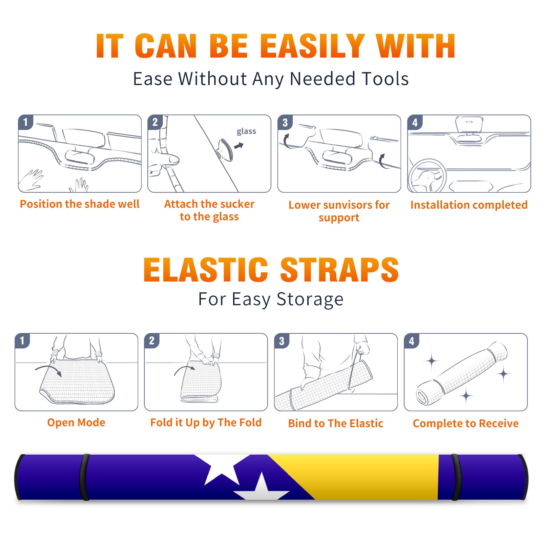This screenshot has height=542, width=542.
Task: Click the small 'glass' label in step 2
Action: [x=246, y=131]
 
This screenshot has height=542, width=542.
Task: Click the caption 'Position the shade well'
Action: [x=80, y=204]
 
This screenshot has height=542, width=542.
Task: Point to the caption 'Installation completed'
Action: [x=469, y=205]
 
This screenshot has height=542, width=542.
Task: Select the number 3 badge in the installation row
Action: [x=285, y=122]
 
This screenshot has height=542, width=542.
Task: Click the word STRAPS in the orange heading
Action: [x=339, y=270]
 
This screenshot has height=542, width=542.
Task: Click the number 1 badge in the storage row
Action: [x=22, y=341]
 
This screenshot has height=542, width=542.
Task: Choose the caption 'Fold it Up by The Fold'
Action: [x=206, y=422]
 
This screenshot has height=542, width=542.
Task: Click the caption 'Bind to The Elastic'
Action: [x=336, y=423]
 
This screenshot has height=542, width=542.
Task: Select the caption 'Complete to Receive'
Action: [x=466, y=423]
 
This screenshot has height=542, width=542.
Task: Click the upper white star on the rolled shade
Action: [x=222, y=468]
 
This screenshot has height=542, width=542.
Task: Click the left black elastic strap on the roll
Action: [x=85, y=477]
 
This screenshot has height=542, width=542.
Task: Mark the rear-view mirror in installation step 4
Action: [x=469, y=125]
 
